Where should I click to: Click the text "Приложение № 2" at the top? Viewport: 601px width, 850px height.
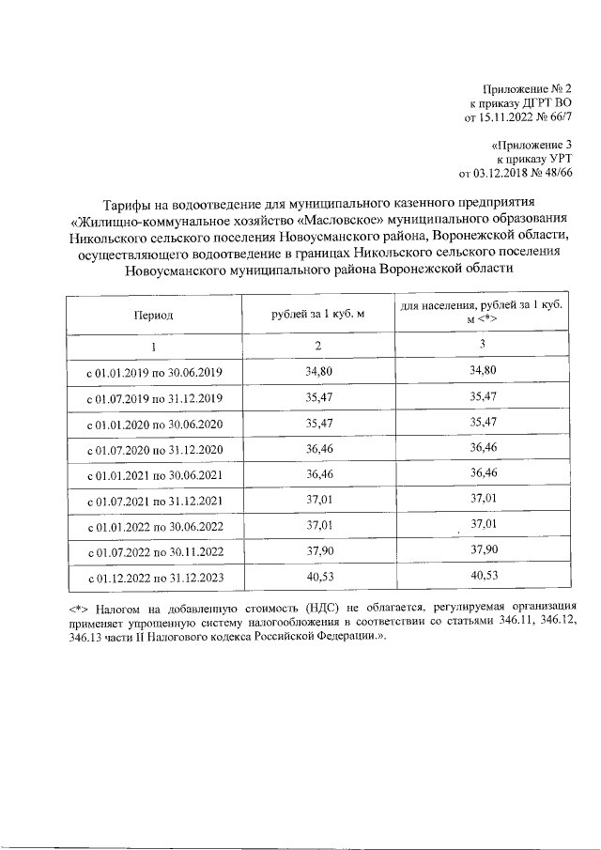click(531, 87)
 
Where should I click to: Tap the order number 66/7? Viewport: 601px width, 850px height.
click(559, 117)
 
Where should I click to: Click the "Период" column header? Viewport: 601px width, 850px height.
click(153, 315)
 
